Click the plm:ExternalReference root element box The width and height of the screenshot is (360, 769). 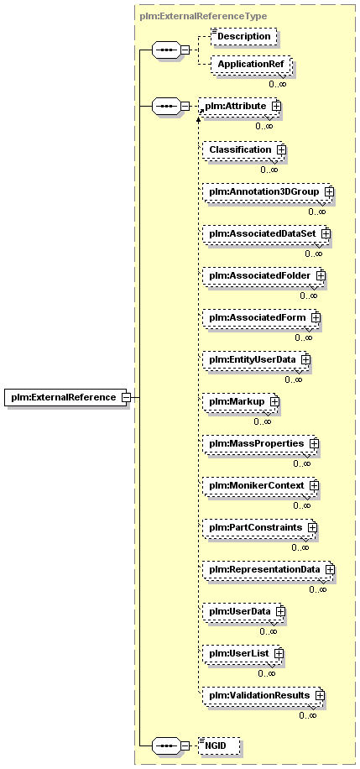pos(66,397)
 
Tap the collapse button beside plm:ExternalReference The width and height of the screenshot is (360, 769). pos(126,397)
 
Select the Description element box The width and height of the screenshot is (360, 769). pos(243,37)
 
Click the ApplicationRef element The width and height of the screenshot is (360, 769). pos(251,64)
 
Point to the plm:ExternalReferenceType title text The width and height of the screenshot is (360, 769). pos(203,16)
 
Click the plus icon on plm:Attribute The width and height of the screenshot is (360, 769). pos(276,106)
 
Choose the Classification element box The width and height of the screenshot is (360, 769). pos(243,149)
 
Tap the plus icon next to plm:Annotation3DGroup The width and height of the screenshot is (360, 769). pos(329,191)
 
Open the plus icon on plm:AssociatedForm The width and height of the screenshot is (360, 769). pos(316,318)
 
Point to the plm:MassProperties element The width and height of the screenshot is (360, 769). pos(261,444)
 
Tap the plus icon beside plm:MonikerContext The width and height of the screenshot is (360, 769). pos(314,485)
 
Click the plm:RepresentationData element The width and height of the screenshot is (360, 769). pos(269,570)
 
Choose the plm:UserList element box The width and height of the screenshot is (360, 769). pos(243,654)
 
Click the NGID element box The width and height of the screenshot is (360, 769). pos(219,746)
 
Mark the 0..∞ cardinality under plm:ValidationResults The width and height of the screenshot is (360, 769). pos(307,715)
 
